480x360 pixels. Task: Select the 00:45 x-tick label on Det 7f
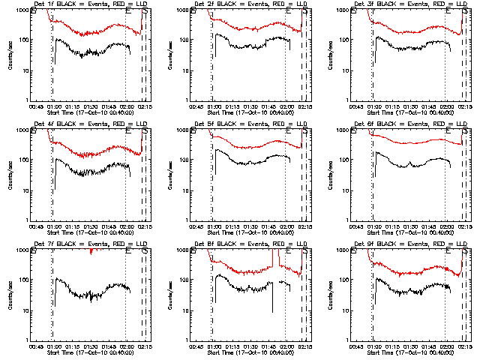click(x=35, y=346)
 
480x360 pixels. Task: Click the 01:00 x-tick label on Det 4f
click(x=53, y=226)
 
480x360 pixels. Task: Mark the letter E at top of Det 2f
click(x=289, y=13)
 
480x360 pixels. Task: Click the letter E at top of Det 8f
click(x=289, y=253)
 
